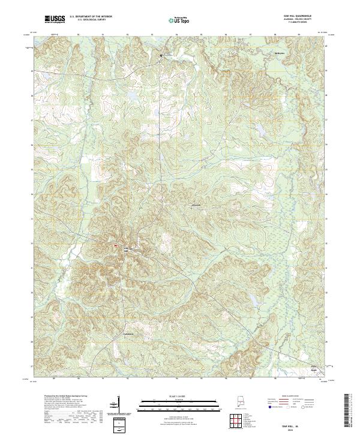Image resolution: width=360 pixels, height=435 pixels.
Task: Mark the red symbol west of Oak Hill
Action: click(112, 245)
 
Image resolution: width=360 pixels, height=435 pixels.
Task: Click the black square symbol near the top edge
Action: click(161, 56)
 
